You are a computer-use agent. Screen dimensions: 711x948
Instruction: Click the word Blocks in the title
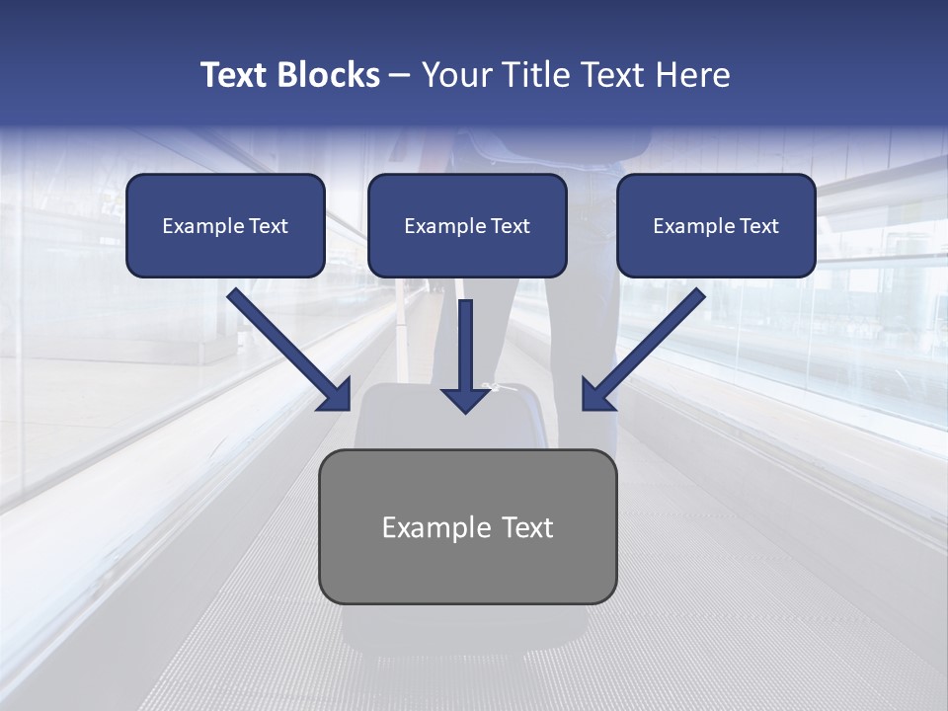click(329, 75)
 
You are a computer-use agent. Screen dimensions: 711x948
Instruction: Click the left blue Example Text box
click(225, 226)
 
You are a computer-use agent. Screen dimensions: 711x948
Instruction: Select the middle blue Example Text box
click(467, 226)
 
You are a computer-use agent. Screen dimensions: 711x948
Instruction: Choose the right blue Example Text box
click(716, 226)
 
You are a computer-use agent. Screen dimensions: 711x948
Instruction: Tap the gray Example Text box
click(467, 526)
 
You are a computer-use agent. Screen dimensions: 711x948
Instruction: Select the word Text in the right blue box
click(758, 226)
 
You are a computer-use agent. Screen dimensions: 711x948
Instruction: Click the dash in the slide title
click(400, 76)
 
